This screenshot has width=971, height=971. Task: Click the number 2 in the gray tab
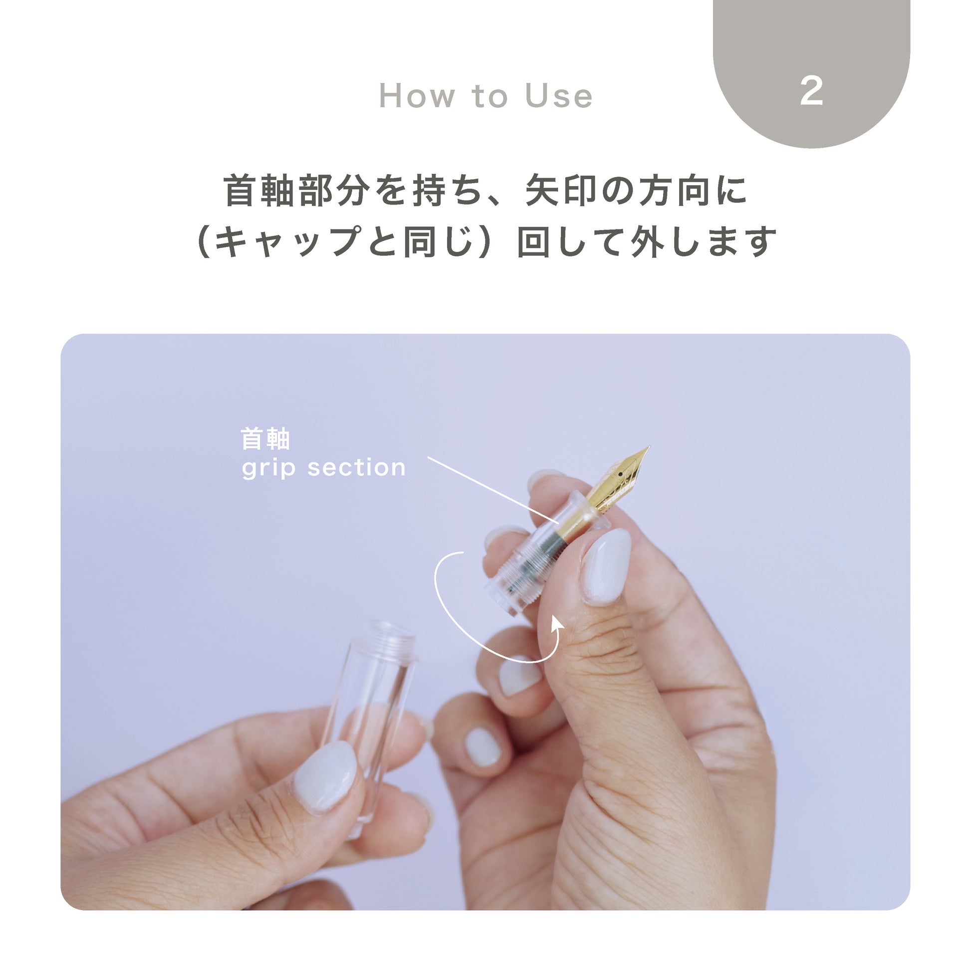coord(811,91)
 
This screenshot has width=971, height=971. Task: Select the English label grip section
coord(323,468)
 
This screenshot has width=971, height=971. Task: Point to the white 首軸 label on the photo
coord(265,439)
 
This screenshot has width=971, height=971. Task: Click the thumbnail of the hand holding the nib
coord(606,567)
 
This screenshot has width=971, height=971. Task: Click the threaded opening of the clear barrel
coord(392,637)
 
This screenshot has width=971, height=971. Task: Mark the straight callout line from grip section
coord(493,490)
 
